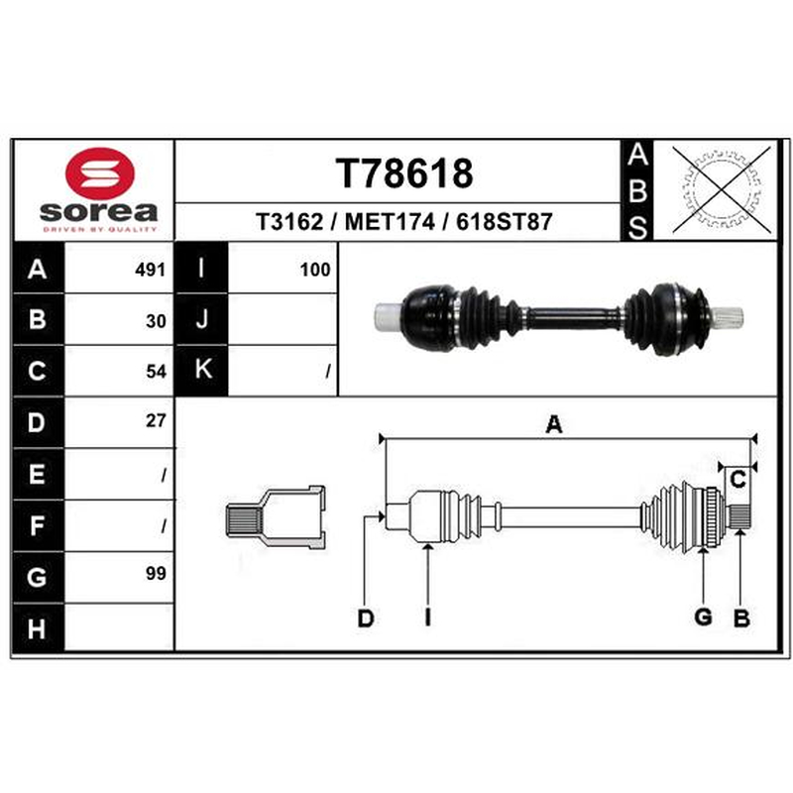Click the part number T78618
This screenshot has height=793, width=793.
[x=404, y=172]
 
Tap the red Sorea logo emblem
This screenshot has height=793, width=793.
[x=100, y=172]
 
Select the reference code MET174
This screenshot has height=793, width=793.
[x=390, y=221]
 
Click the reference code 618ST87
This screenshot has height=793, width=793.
[x=504, y=221]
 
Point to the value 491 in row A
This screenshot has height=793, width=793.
[x=151, y=270]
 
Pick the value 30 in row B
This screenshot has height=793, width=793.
[x=156, y=321]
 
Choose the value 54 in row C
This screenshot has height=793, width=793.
[x=156, y=372]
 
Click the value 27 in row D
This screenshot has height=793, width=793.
[x=156, y=420]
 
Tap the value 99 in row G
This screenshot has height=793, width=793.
[x=156, y=573]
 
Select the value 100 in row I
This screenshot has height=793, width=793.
[x=315, y=270]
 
